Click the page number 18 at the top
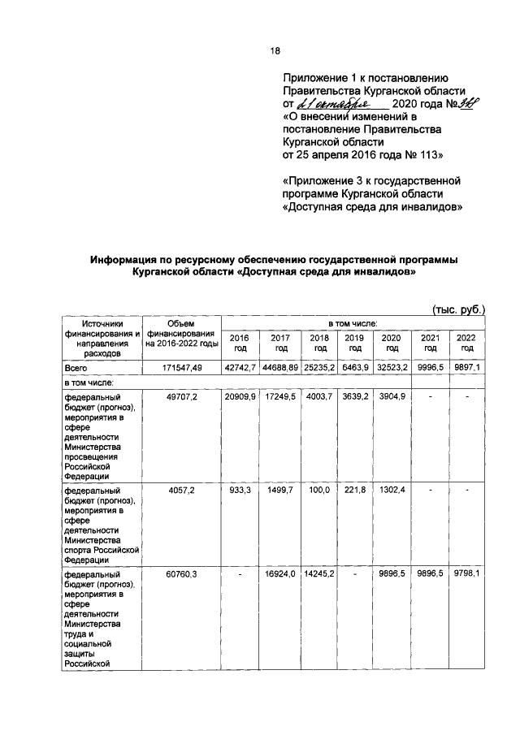[275, 50]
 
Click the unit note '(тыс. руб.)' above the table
[457, 309]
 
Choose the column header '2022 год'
[466, 343]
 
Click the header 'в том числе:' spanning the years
[352, 323]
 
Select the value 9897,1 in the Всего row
[467, 368]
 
